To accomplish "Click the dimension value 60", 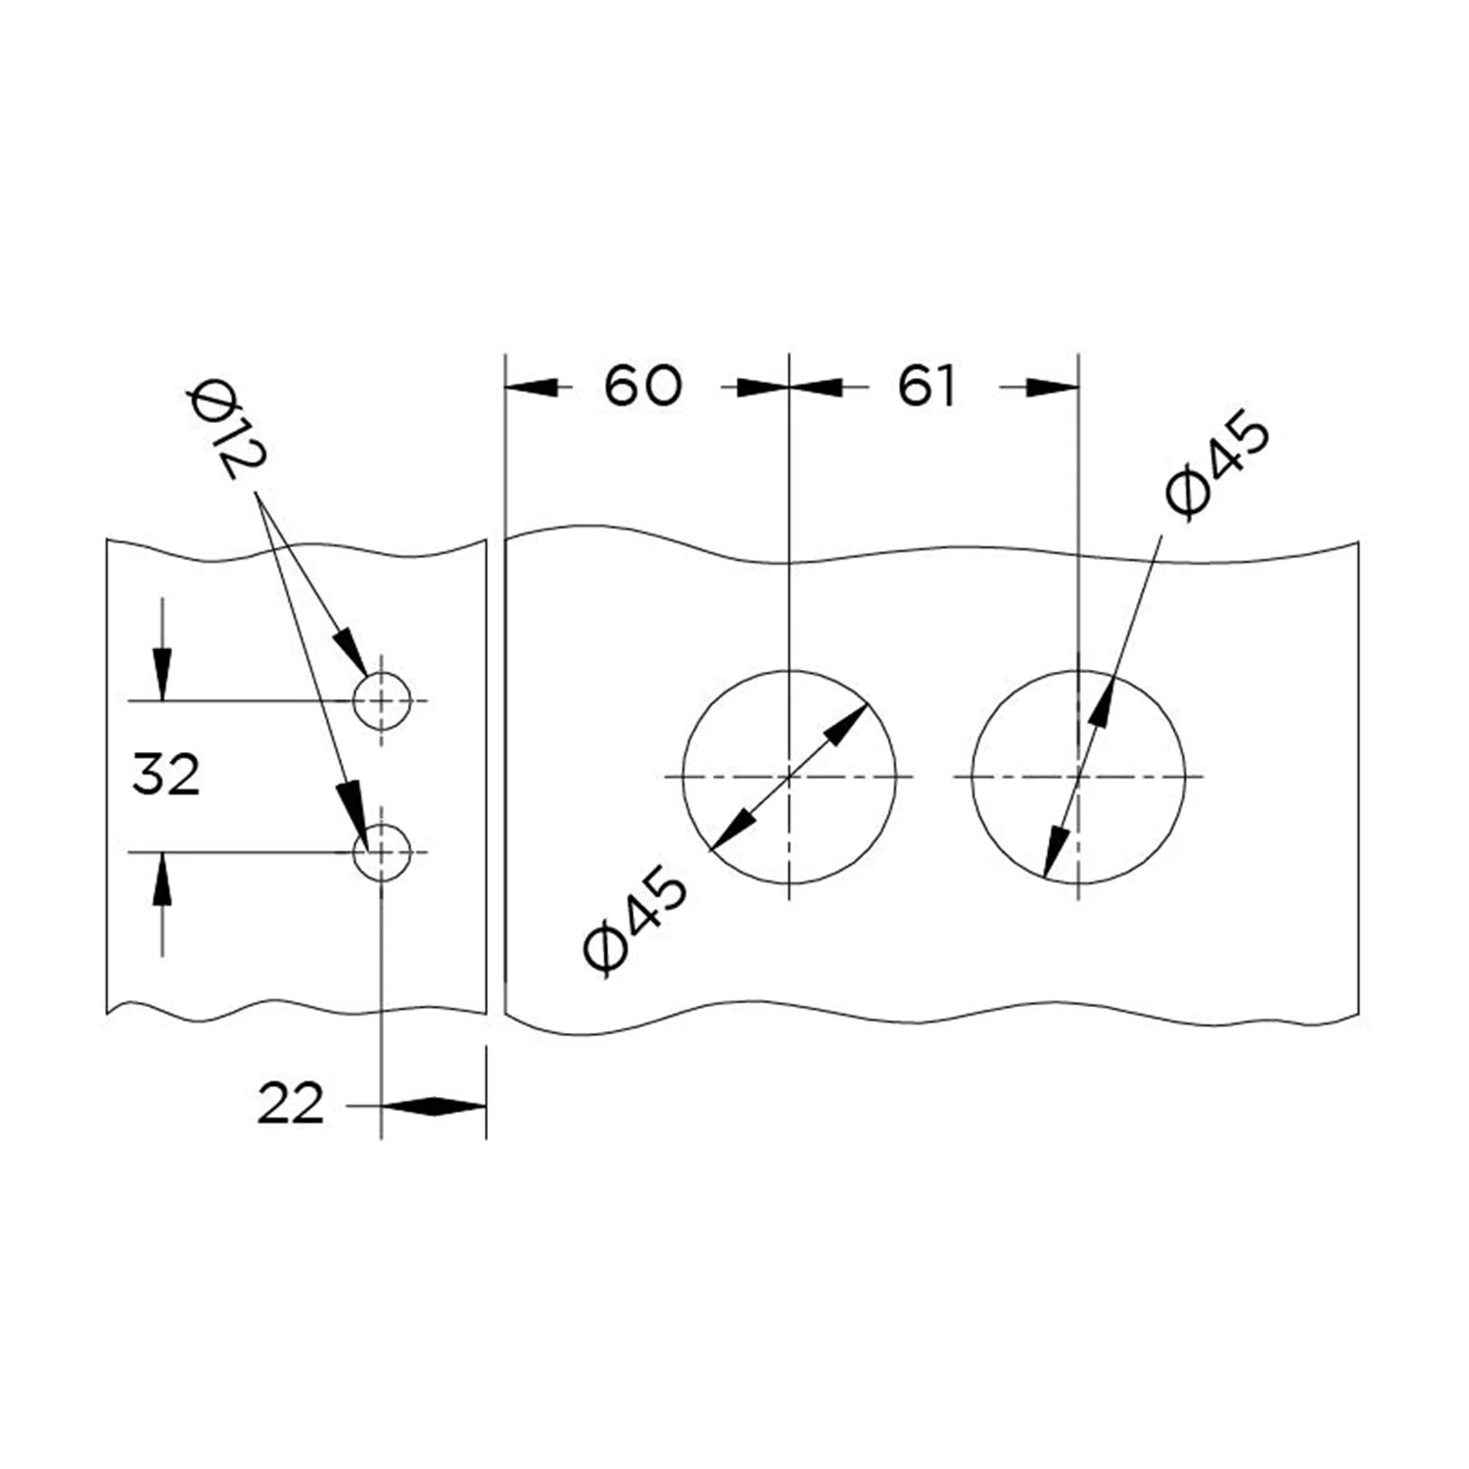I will (x=641, y=386).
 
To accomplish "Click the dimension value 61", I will (x=925, y=387).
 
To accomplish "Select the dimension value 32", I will (x=166, y=776).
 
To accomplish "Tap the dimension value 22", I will (x=290, y=1106).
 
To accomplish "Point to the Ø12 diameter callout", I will (x=226, y=431).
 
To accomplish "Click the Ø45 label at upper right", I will (x=1218, y=464).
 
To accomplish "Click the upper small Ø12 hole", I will (x=382, y=701).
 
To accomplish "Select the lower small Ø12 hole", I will (x=382, y=852).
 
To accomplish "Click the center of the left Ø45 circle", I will (x=789, y=777).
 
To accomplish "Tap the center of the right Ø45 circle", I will (x=1078, y=777).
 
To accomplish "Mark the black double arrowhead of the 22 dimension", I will (x=433, y=1107).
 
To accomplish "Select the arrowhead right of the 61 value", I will (x=1052, y=388).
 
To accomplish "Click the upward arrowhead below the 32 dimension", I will (x=163, y=877).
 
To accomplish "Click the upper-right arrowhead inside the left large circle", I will (x=848, y=723).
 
